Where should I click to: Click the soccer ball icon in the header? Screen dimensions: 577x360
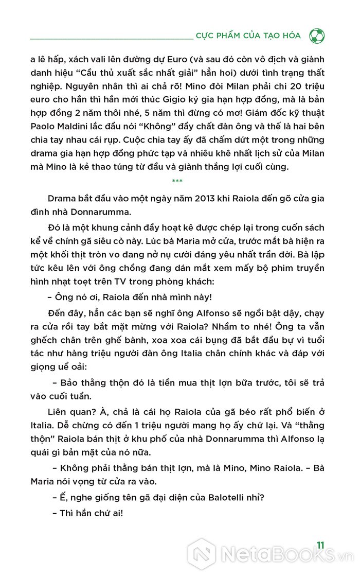point(317,36)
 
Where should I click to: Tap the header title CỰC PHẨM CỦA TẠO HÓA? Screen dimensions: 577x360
point(248,36)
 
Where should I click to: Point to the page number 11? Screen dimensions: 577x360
point(320,545)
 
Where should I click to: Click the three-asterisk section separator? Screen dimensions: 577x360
point(177,181)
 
